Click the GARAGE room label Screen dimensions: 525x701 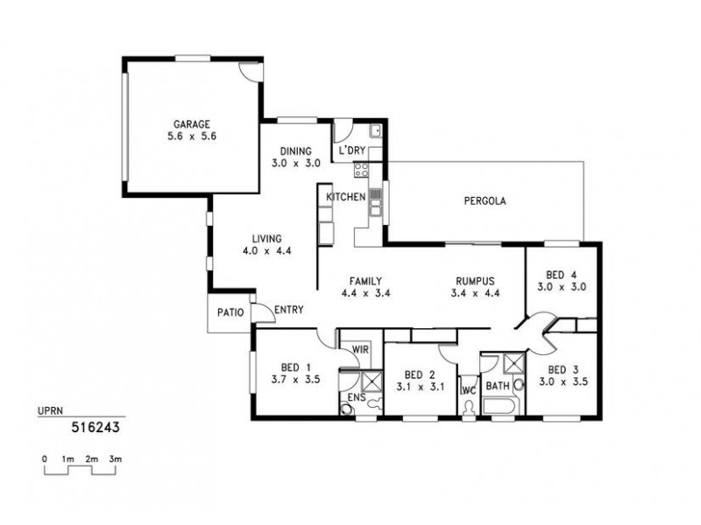pyautogui.click(x=191, y=124)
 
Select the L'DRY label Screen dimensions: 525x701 pyautogui.click(x=351, y=150)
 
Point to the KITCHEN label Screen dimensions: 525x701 pyautogui.click(x=345, y=197)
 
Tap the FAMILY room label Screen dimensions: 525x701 pyautogui.click(x=364, y=281)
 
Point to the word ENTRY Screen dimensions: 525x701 pyautogui.click(x=288, y=310)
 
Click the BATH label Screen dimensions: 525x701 pyautogui.click(x=498, y=384)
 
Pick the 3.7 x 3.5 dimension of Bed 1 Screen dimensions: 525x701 pyautogui.click(x=290, y=380)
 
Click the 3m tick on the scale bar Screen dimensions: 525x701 pyautogui.click(x=115, y=458)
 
